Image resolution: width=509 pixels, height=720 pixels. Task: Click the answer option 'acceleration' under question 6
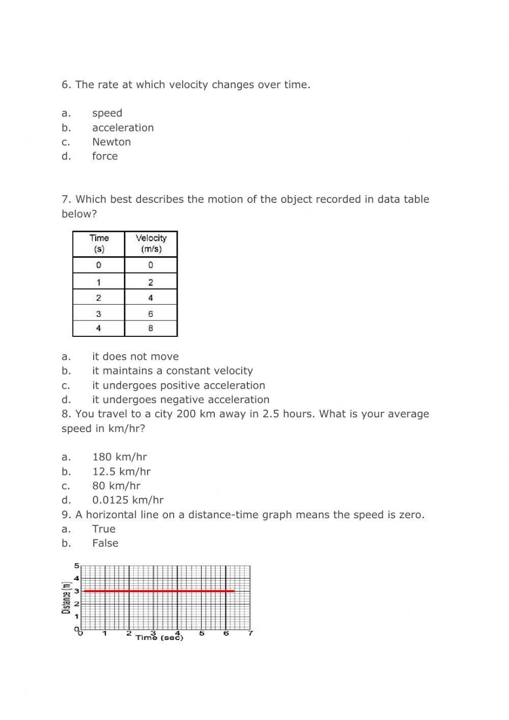click(123, 128)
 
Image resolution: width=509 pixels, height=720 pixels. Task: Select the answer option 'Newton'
click(111, 142)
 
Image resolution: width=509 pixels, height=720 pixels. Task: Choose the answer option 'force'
click(105, 156)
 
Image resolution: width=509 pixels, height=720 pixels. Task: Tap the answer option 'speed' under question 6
click(107, 114)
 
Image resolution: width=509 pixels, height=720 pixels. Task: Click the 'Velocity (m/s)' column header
click(151, 244)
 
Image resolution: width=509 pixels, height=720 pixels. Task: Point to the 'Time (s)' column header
click(99, 244)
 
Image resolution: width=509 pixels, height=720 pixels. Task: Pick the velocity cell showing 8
click(151, 329)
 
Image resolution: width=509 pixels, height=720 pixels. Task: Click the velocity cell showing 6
click(151, 314)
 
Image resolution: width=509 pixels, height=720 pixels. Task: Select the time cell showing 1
click(99, 282)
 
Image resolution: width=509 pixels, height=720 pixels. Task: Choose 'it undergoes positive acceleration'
click(179, 386)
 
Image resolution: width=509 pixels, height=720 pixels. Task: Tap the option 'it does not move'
click(135, 357)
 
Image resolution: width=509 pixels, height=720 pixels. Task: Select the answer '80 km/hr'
click(116, 486)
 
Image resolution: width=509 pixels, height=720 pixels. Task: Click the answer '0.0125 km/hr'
click(128, 500)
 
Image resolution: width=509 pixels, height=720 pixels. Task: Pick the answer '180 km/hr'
click(120, 458)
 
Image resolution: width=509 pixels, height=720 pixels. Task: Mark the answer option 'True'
click(104, 529)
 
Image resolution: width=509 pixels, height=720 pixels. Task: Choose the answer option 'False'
click(105, 543)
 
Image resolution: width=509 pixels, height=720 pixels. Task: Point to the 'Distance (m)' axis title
click(66, 598)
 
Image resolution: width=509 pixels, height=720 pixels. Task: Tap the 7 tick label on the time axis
click(250, 633)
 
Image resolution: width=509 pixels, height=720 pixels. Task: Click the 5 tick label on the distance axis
click(77, 566)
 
